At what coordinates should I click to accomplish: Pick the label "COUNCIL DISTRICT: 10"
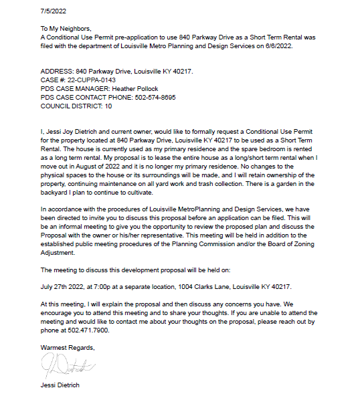[76, 106]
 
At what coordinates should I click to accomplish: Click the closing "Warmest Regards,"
[68, 348]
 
